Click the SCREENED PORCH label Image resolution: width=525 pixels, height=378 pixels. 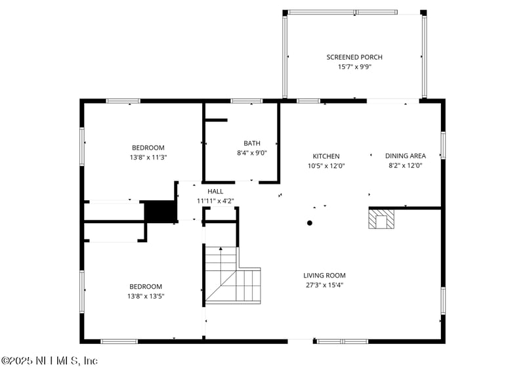click(x=354, y=57)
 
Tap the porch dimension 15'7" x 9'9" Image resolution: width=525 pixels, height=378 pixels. click(x=354, y=66)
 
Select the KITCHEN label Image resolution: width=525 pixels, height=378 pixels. click(x=325, y=156)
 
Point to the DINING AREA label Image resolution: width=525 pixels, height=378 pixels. click(x=405, y=156)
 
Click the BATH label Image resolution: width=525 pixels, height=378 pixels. click(x=252, y=143)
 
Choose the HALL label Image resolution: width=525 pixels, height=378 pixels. click(x=215, y=191)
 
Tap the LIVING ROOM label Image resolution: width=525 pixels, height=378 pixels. click(x=324, y=276)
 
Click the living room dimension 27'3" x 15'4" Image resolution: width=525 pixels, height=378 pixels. click(x=324, y=285)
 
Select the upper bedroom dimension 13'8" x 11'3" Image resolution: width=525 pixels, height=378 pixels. click(x=148, y=157)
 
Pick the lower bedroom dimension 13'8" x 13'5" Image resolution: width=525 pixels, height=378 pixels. click(x=146, y=296)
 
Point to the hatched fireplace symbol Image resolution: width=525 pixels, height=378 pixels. click(x=381, y=219)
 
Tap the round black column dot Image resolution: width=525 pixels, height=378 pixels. click(x=310, y=222)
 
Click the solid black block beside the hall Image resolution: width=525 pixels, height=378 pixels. click(x=160, y=211)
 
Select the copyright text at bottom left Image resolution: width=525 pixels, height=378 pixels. click(x=49, y=361)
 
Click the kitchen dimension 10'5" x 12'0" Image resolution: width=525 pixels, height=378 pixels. click(x=325, y=166)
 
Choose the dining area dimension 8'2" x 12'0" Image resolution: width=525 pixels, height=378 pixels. click(x=405, y=166)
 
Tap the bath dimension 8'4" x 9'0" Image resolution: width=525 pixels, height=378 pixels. click(x=252, y=153)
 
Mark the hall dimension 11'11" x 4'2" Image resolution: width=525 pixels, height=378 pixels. click(x=215, y=201)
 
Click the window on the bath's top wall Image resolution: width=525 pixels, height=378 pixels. click(x=247, y=101)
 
